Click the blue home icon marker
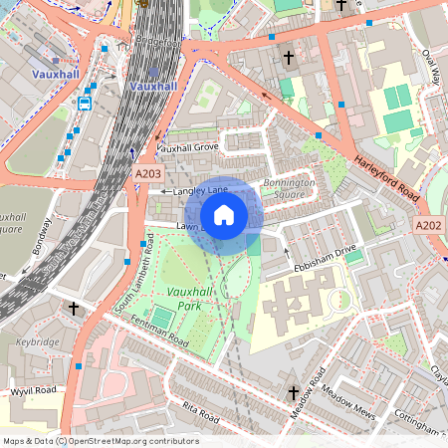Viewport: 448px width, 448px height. point(224,214)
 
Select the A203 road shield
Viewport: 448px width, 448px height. point(147,173)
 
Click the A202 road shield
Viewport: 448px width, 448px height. point(429,226)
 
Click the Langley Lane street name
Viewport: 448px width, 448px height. point(200,189)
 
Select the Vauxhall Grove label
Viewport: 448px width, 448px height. point(187,147)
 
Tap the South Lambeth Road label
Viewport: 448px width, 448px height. point(135,275)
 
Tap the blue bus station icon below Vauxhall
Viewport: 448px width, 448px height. point(85,103)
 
